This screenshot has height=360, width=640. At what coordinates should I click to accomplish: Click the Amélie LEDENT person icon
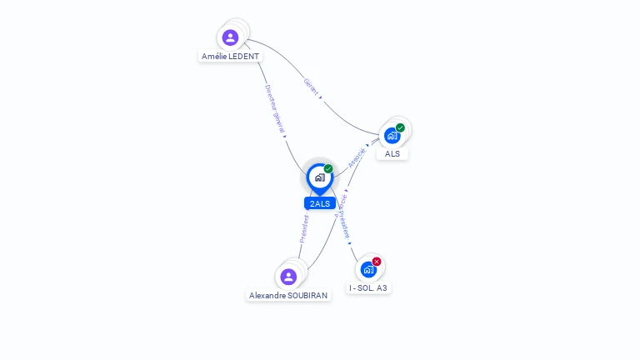230,37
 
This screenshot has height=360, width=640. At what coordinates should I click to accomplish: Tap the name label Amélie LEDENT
230,57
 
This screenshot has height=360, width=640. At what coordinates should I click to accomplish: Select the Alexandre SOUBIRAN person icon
288,276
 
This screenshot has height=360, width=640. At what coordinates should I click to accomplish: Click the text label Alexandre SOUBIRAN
288,295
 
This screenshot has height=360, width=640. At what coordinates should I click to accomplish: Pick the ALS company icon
391,135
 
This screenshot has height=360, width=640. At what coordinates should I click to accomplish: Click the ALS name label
392,153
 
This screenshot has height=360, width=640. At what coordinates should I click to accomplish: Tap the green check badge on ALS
400,128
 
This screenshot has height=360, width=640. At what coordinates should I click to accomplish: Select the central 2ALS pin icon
319,177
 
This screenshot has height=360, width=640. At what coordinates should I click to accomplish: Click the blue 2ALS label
320,203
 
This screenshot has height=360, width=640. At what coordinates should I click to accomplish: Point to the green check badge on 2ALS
328,169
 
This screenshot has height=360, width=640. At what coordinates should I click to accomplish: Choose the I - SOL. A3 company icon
367,269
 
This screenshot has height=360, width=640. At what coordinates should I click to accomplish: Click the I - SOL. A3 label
368,287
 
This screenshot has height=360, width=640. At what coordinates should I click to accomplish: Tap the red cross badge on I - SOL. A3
377,262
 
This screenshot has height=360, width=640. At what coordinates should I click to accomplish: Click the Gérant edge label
311,86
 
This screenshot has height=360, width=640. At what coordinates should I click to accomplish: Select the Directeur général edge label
274,107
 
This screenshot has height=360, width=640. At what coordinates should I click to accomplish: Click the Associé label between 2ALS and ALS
357,157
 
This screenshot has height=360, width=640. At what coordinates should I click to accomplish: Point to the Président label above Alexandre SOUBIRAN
304,228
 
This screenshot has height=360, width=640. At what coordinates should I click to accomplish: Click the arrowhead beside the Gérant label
321,97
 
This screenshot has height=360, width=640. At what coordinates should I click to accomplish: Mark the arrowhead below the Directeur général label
284,136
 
